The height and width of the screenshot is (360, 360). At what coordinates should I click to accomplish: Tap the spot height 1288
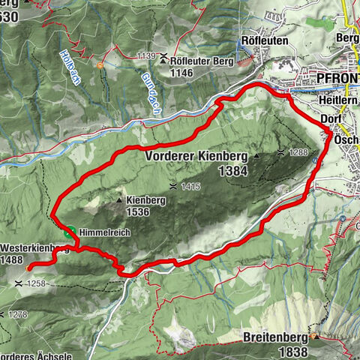pos(298,153)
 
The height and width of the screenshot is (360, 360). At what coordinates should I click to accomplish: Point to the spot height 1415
pos(190,184)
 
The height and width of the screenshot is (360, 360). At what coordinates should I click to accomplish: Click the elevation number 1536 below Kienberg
pos(138,212)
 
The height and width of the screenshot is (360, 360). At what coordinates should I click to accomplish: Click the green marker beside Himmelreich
pos(70,232)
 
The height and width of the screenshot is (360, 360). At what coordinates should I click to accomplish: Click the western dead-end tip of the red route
pos(28,268)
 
